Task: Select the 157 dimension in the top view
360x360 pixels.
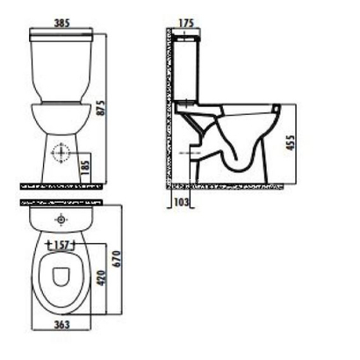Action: coord(61,243)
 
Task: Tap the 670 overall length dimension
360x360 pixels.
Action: coord(115,256)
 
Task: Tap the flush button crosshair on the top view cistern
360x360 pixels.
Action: coord(61,216)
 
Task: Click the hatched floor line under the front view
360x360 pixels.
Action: coord(60,187)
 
